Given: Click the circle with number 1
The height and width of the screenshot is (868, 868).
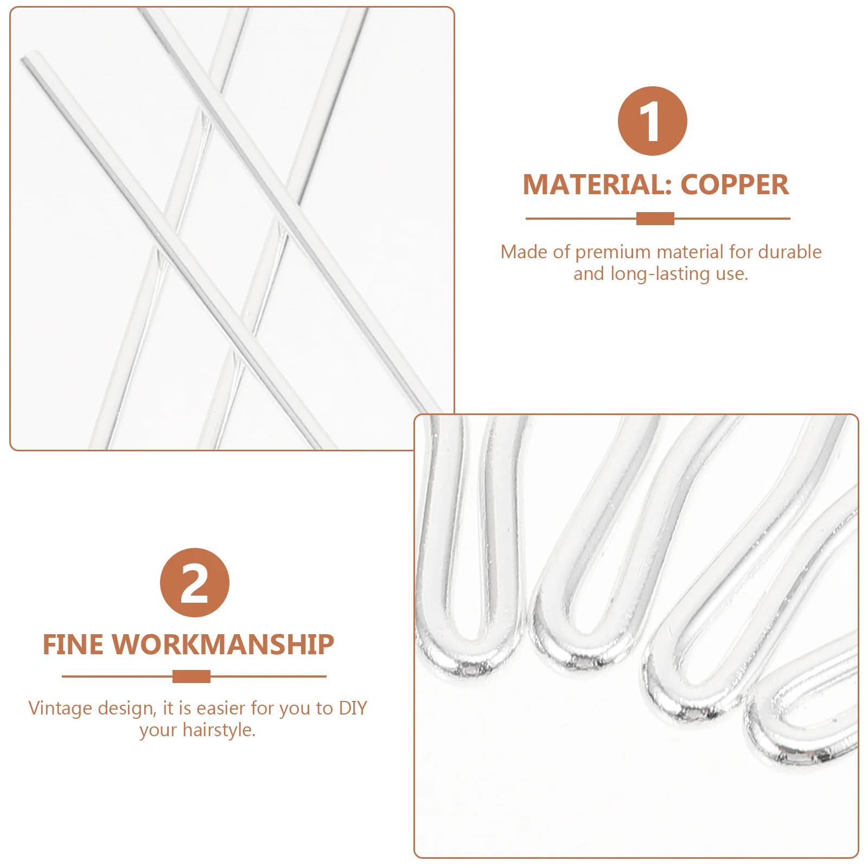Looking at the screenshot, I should (x=652, y=121).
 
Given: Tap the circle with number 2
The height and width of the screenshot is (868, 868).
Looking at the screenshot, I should (x=194, y=583).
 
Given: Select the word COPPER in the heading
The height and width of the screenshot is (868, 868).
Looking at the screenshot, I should (x=735, y=185).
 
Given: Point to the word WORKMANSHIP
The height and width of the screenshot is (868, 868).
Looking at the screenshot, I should (x=224, y=645).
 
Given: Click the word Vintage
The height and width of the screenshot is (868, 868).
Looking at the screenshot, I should (x=60, y=709).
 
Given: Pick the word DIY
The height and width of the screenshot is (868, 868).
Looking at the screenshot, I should (x=353, y=708).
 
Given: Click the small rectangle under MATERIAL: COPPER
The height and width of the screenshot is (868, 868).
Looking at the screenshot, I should (x=655, y=219).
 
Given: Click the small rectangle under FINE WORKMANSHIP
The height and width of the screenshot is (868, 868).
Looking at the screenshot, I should (x=192, y=676).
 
